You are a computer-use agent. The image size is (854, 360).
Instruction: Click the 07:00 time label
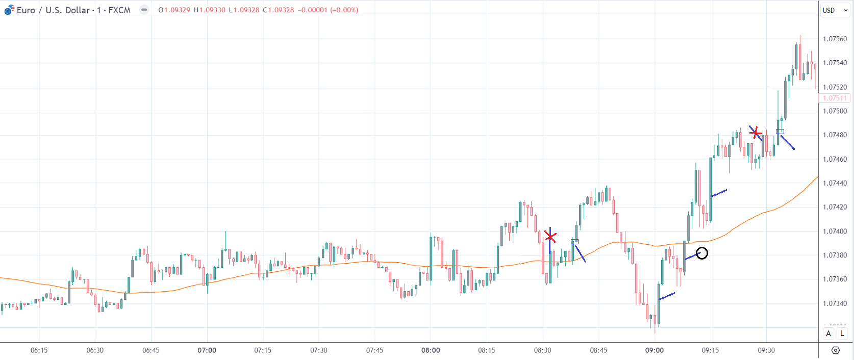(x=207, y=350)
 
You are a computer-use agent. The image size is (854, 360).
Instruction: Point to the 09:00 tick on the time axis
(x=654, y=350)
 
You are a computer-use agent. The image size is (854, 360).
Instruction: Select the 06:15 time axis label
(x=39, y=350)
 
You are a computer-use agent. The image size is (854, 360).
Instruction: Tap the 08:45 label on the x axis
(x=598, y=350)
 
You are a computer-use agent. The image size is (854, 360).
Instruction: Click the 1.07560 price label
(x=835, y=39)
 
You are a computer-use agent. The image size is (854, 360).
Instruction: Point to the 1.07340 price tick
(x=835, y=303)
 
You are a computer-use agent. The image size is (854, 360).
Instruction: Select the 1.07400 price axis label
(x=835, y=232)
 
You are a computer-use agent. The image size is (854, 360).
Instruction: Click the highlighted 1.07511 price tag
(x=835, y=98)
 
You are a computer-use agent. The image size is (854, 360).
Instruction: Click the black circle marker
(x=702, y=253)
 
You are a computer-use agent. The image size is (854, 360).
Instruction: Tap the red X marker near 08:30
(x=550, y=237)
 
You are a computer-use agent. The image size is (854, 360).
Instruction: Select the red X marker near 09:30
(x=756, y=134)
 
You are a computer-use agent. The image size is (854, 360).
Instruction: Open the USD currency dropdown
(x=835, y=10)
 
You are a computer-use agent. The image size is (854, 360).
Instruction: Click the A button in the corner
(x=828, y=333)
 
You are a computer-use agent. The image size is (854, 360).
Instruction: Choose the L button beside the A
(x=842, y=333)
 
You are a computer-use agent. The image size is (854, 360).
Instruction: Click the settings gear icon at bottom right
(x=836, y=350)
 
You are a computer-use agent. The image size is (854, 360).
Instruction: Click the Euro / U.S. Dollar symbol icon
(x=9, y=10)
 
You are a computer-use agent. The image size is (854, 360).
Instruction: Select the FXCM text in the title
(x=119, y=10)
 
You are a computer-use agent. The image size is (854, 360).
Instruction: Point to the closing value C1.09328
(x=279, y=10)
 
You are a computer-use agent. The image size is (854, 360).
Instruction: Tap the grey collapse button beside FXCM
(x=144, y=10)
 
